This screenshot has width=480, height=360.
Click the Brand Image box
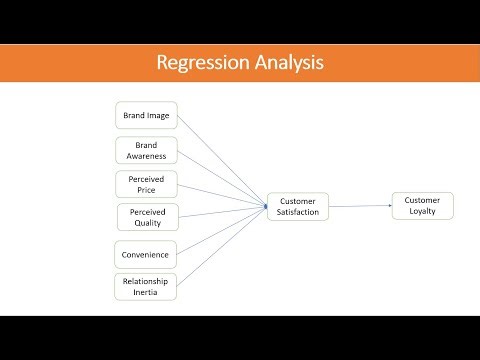[x=146, y=116]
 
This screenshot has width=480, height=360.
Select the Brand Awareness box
[x=146, y=150]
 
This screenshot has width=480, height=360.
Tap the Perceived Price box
[x=146, y=184]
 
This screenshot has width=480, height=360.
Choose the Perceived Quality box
[x=146, y=217]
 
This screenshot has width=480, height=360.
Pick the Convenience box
[x=146, y=253]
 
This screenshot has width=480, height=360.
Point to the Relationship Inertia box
[x=146, y=286]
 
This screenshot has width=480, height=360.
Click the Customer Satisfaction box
[x=297, y=206]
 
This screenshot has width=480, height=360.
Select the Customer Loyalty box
[x=422, y=206]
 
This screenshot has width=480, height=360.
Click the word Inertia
[x=147, y=292]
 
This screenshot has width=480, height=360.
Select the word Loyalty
[x=422, y=212]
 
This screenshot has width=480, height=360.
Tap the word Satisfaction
[x=297, y=213]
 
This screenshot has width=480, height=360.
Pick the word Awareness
[x=147, y=156]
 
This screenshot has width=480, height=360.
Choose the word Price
[x=147, y=190]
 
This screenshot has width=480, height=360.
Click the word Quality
[x=147, y=224]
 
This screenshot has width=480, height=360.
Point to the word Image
[x=160, y=116]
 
